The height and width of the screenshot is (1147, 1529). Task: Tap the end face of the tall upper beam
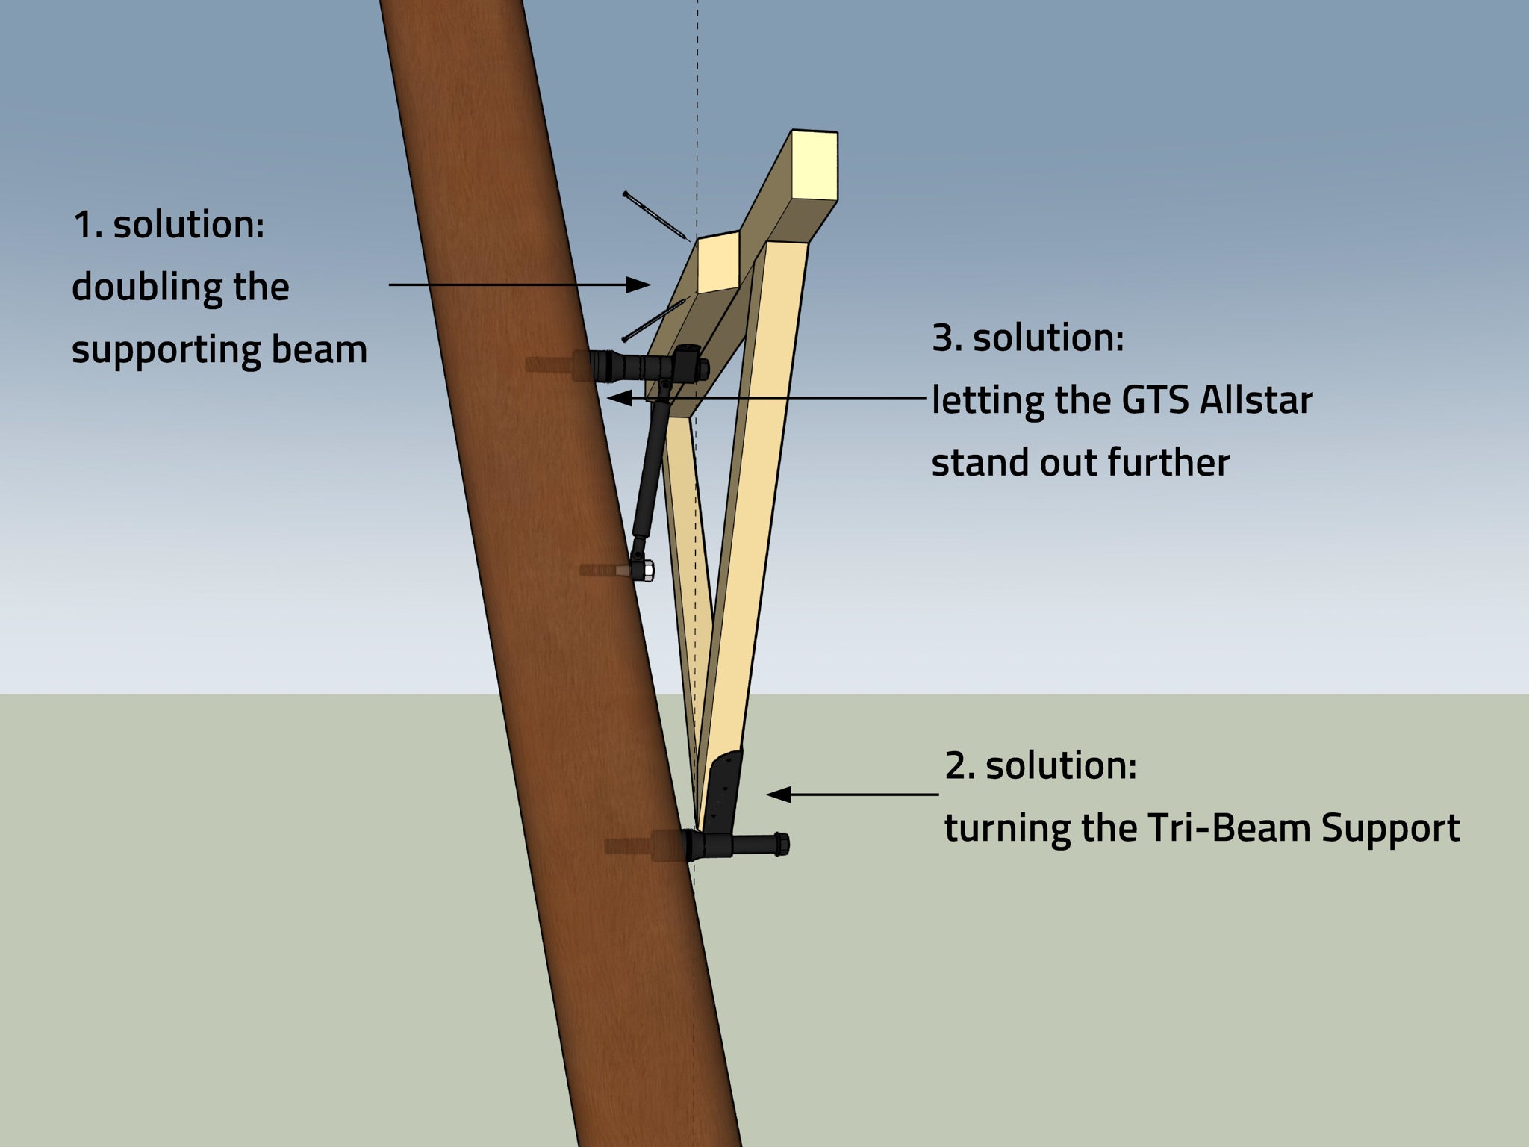[x=815, y=166]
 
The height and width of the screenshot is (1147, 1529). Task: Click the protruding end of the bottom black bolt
[x=781, y=844]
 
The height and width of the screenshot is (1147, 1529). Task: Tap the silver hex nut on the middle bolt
[x=647, y=571]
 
